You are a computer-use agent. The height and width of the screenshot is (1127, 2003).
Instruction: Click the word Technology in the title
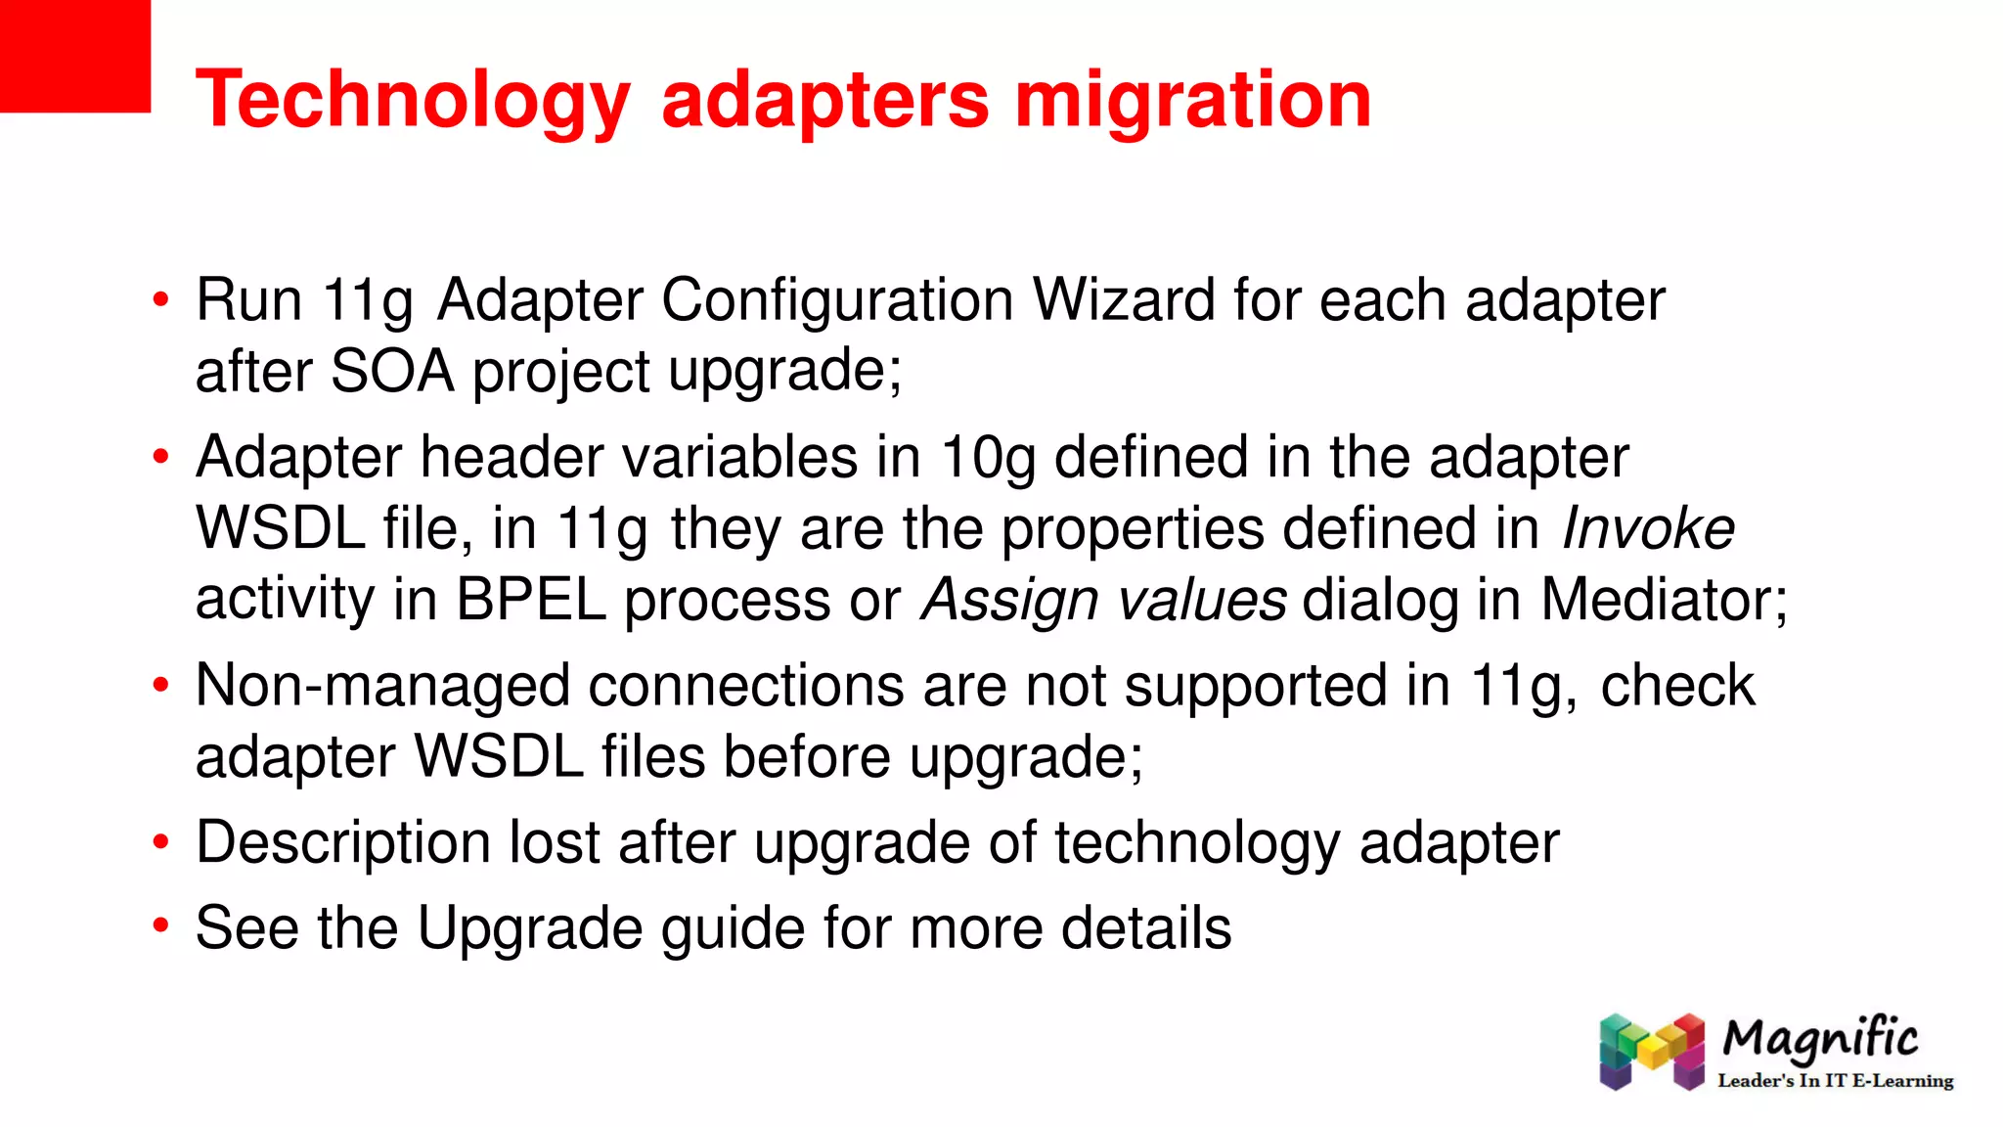(x=413, y=100)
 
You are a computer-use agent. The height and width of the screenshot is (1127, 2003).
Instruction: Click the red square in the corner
(x=74, y=56)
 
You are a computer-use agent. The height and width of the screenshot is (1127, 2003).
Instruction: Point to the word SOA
(x=392, y=372)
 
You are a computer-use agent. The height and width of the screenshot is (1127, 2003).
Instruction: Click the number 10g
(x=987, y=457)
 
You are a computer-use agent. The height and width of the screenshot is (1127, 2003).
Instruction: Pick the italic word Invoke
(x=1648, y=528)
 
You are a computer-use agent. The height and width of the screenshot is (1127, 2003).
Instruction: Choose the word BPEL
(x=531, y=600)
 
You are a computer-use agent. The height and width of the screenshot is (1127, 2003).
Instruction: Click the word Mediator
(x=1663, y=600)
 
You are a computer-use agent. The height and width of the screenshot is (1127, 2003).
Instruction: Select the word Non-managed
(x=382, y=685)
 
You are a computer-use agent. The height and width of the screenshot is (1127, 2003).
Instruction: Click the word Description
(x=342, y=842)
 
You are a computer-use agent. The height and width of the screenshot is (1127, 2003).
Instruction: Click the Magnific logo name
(x=1820, y=1039)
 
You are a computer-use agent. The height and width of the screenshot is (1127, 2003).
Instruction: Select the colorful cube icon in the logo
(x=1652, y=1052)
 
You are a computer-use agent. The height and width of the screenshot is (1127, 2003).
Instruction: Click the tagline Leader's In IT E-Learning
(x=1835, y=1081)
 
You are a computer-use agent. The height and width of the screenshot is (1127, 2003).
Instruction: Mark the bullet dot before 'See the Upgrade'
(x=161, y=924)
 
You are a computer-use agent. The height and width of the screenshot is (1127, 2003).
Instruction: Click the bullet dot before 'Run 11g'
(x=161, y=299)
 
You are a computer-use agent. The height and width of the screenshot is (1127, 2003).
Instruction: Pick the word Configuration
(x=837, y=299)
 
